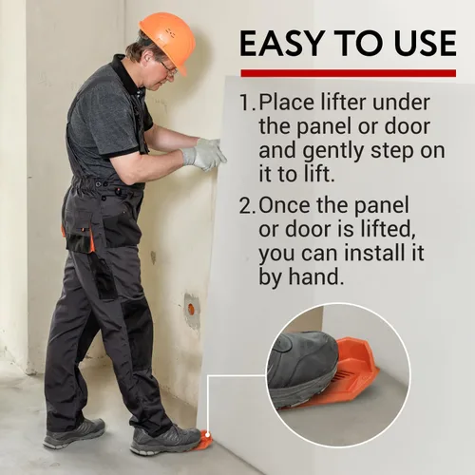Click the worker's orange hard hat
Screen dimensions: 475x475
coord(166,40)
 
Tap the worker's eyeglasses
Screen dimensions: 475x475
coord(167,69)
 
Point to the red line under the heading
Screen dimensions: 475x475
coord(349,73)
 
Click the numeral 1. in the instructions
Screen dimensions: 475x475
coord(247,103)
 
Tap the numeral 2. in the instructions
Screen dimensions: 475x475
coord(248,205)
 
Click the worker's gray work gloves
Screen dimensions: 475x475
coord(204,155)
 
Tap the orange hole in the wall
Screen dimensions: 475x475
coord(191,307)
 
